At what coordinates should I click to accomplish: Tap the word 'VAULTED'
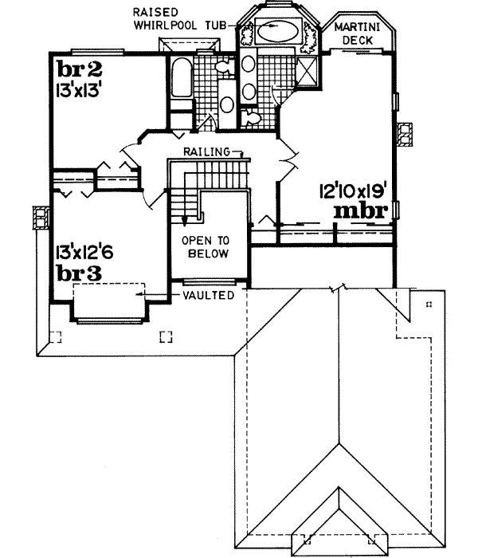(207, 295)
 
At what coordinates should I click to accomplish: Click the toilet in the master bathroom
(253, 118)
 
